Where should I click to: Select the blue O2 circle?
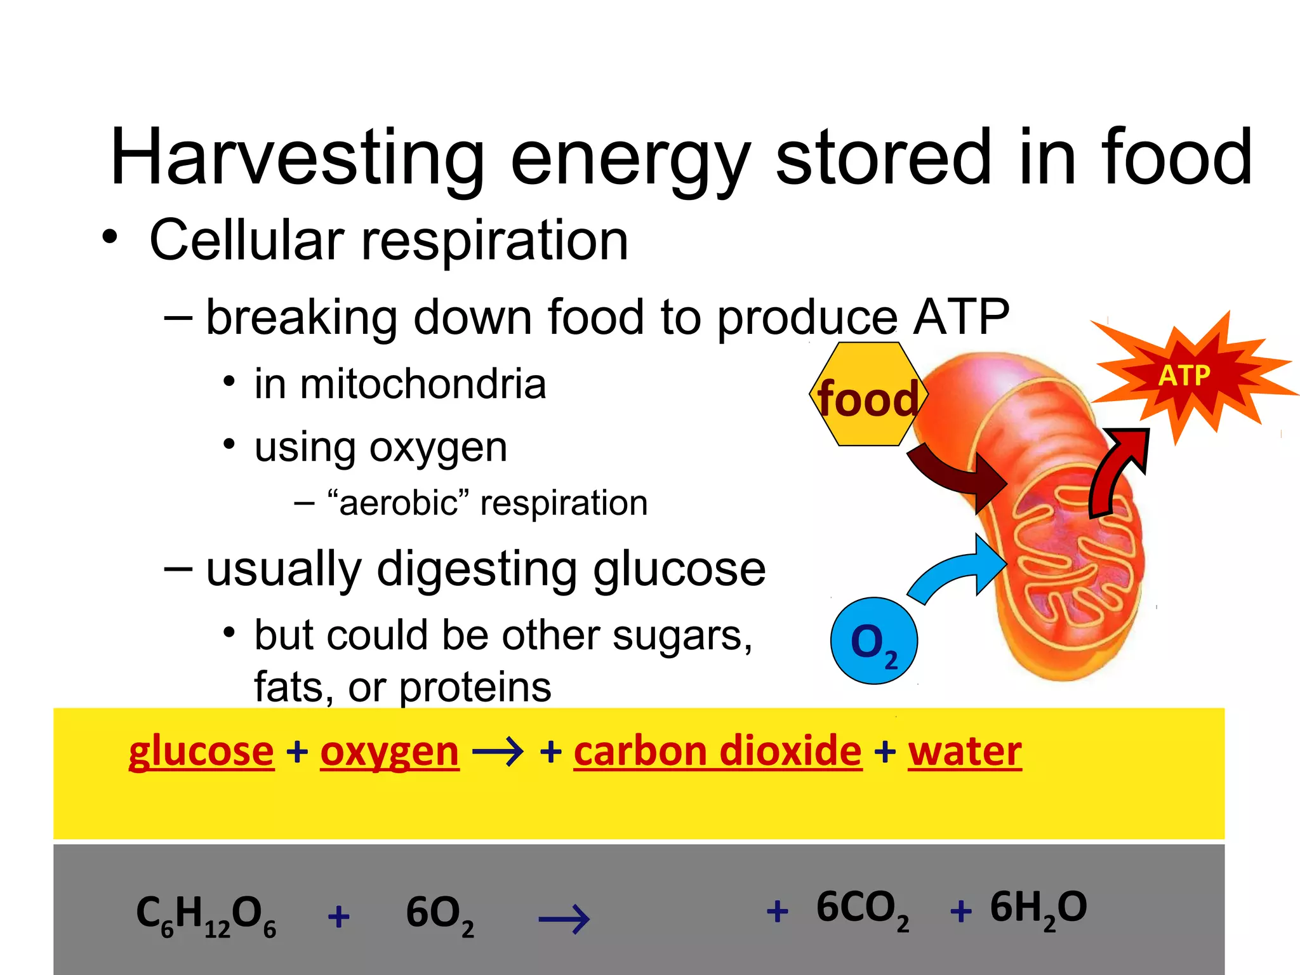(874, 641)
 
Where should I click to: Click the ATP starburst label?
(1184, 375)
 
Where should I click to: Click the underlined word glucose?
(201, 752)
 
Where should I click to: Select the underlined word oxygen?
(389, 752)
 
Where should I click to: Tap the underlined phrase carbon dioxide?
(717, 752)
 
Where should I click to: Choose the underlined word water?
(964, 752)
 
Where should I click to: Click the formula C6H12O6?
(206, 915)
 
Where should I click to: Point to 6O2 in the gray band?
(439, 915)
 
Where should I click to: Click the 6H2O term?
(1038, 909)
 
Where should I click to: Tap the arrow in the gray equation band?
(564, 919)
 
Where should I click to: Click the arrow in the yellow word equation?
(498, 753)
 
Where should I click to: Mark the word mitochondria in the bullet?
(423, 385)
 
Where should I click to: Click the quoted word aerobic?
(398, 503)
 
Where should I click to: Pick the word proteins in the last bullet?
(475, 687)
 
